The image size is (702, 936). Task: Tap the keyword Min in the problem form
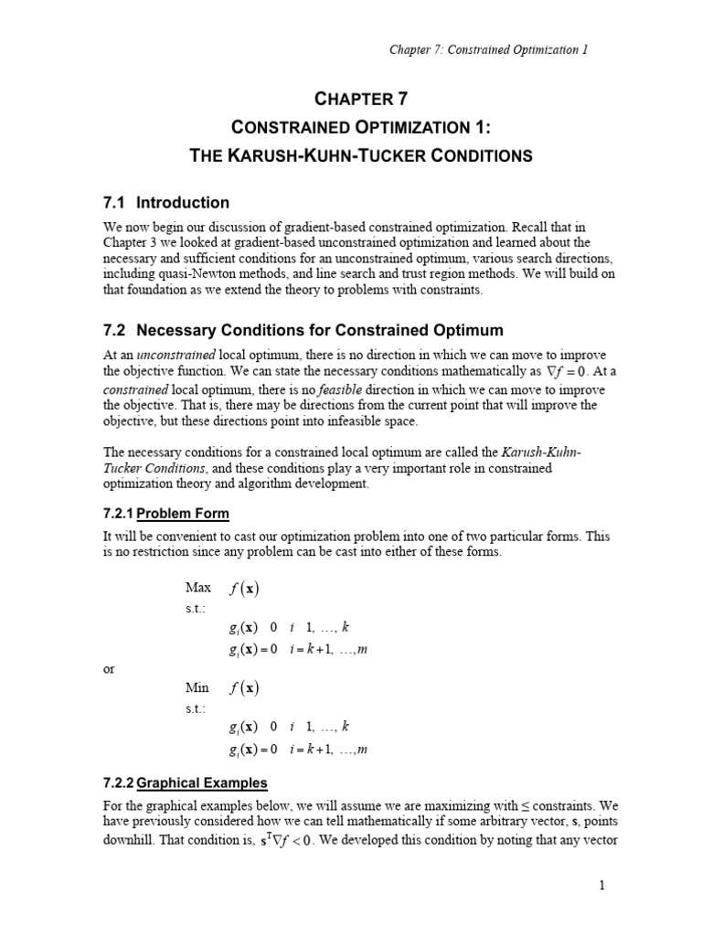[197, 686]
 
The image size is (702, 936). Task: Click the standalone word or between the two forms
[108, 670]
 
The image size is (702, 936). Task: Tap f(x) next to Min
[244, 687]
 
